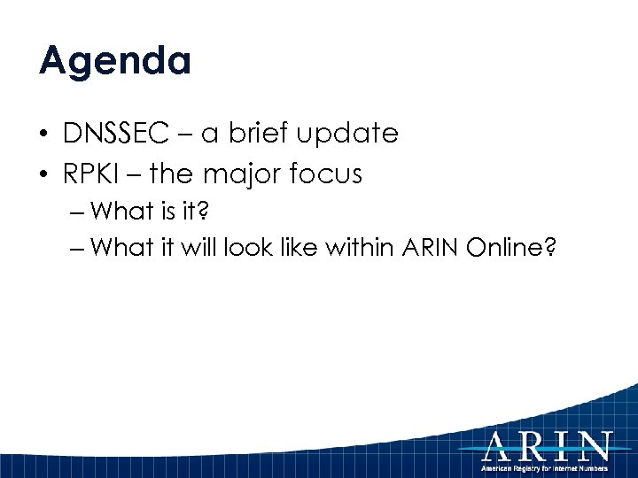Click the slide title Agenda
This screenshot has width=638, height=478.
coord(114,62)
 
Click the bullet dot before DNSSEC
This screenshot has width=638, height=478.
coord(43,135)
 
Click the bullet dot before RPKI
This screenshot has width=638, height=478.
coord(43,175)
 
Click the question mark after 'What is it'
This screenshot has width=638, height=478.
coord(212,212)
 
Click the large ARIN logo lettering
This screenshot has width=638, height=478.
coord(547,444)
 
